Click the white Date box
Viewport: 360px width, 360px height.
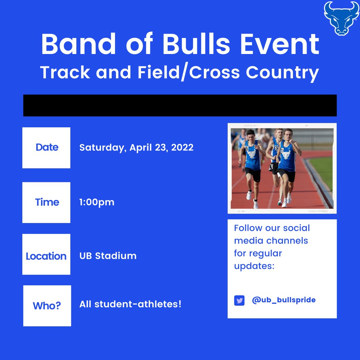(46, 148)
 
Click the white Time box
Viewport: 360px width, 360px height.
(46, 202)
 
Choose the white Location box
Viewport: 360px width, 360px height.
(46, 254)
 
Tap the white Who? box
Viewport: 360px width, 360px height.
(47, 306)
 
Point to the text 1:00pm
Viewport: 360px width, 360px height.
(97, 202)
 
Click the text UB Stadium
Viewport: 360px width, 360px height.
(108, 256)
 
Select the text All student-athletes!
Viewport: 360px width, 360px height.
(130, 304)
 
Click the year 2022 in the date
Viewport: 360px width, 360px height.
(182, 148)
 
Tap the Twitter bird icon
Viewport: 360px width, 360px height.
(239, 300)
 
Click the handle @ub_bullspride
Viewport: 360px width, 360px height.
(284, 300)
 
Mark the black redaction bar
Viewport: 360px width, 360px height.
(180, 105)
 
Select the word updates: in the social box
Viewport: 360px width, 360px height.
(254, 266)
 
